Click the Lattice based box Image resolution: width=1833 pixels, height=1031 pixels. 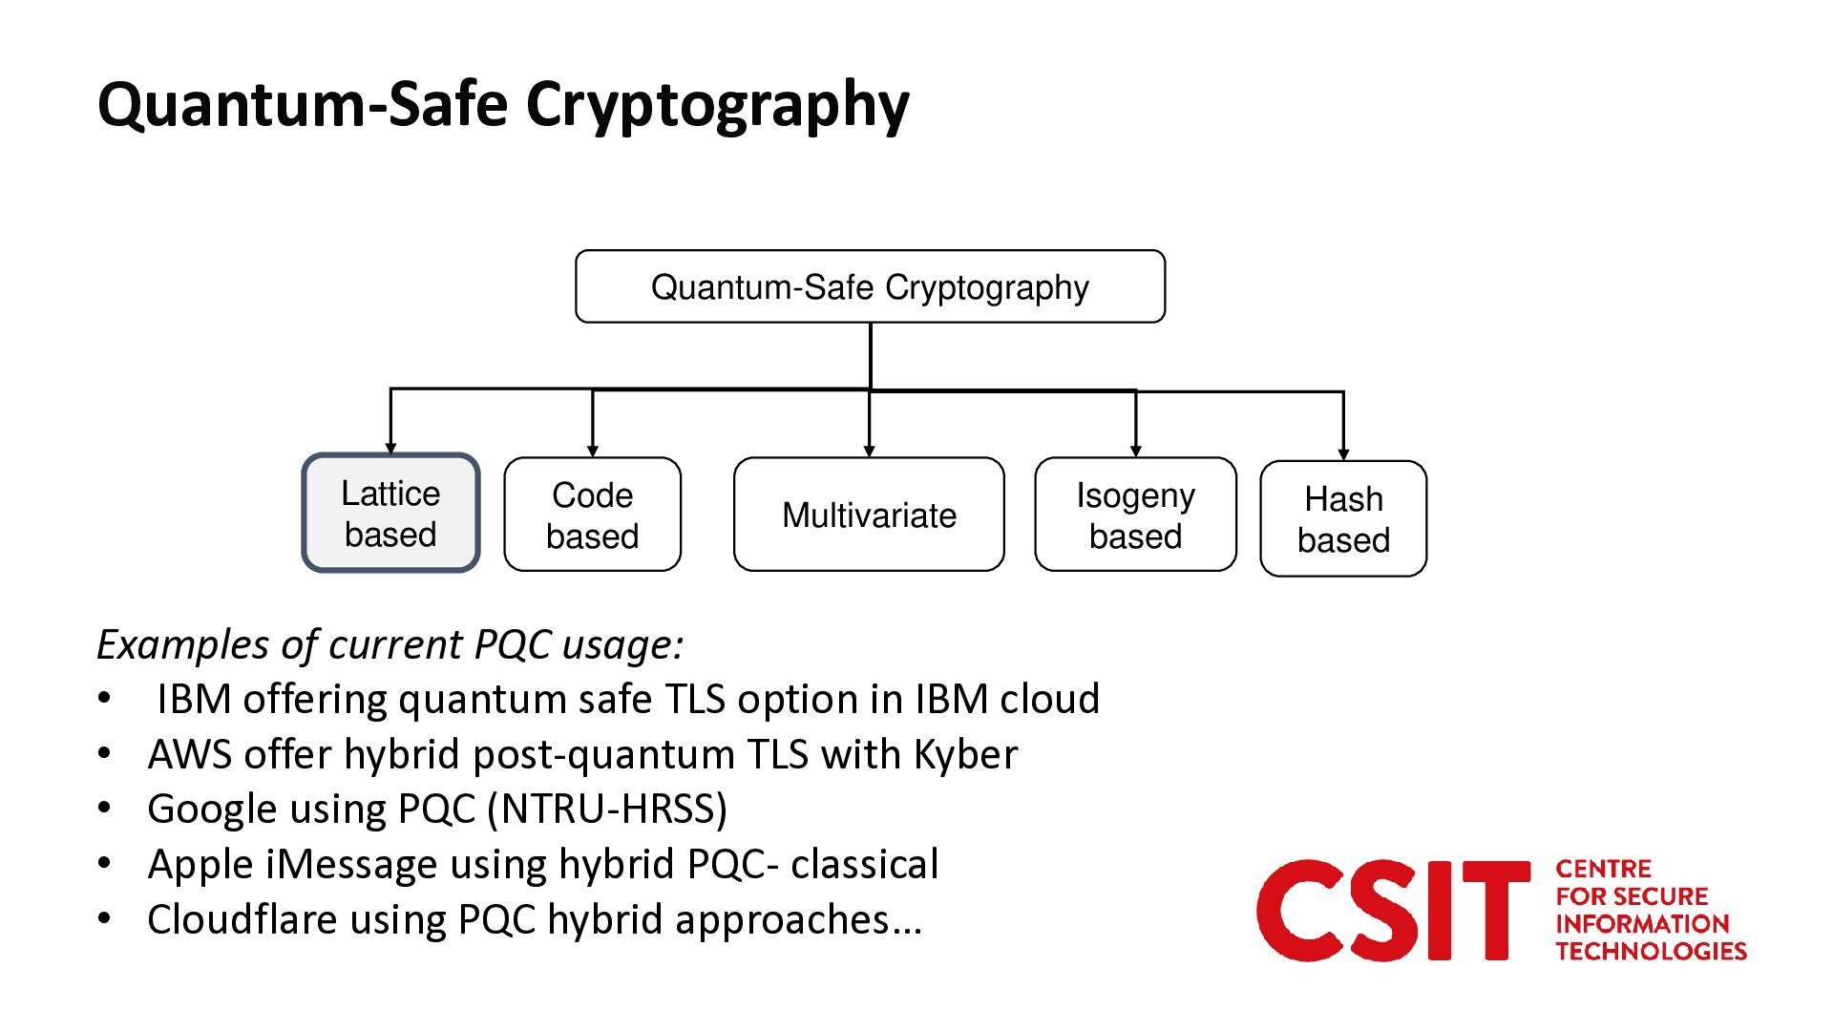click(x=390, y=514)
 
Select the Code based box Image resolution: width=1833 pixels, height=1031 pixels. click(x=593, y=515)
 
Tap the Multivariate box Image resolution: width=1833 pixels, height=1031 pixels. click(x=869, y=515)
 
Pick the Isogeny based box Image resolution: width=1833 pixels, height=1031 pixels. click(x=1135, y=515)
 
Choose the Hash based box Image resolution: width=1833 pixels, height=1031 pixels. click(x=1343, y=518)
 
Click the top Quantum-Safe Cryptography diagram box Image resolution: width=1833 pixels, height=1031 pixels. click(x=870, y=286)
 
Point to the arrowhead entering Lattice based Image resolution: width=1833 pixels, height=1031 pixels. click(x=390, y=448)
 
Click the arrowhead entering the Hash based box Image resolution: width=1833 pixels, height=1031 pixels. click(x=1343, y=454)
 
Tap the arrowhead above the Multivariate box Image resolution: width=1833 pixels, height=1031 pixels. click(x=869, y=451)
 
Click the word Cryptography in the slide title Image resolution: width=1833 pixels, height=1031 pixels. click(x=717, y=105)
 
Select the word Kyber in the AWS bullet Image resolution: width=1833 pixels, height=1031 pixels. click(x=966, y=754)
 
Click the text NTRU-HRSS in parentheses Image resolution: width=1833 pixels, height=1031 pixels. click(x=607, y=809)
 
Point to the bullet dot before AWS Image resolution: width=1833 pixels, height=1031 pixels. click(x=105, y=754)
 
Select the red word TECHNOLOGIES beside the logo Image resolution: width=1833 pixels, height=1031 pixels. click(x=1651, y=951)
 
